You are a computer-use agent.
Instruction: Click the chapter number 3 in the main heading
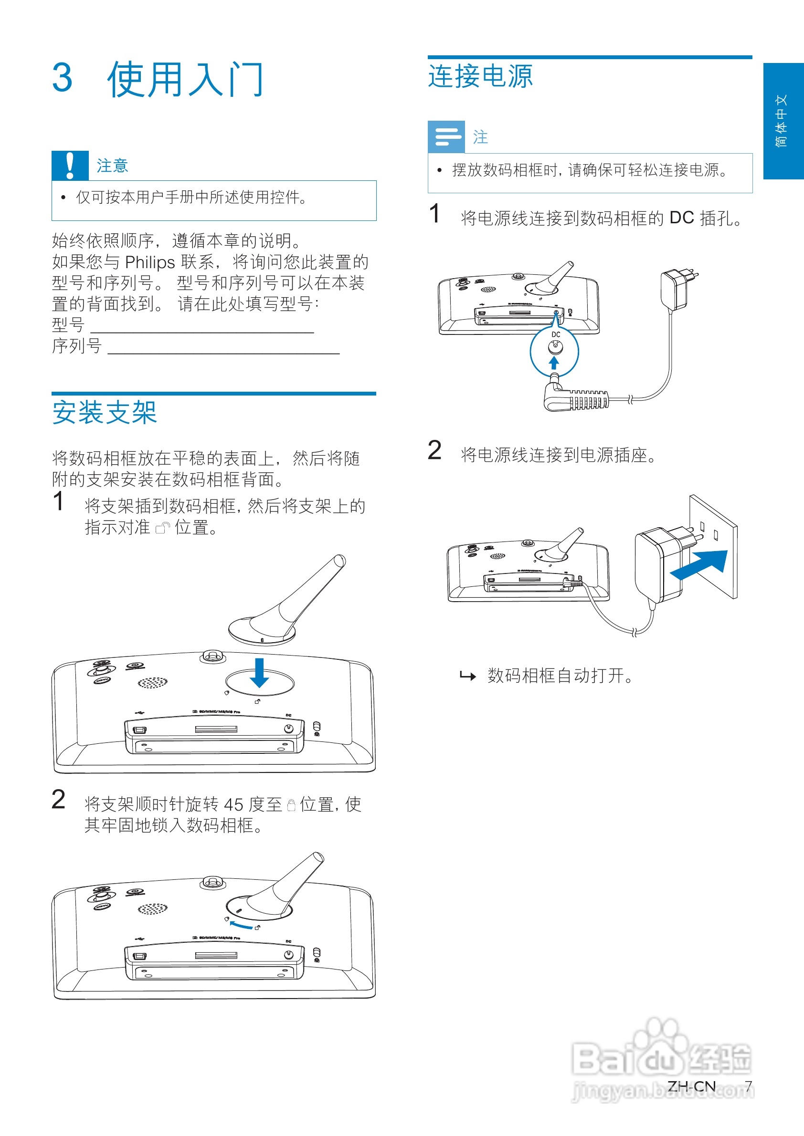coord(63,78)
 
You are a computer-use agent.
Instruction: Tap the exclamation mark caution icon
coord(70,165)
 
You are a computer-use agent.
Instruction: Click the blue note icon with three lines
coord(446,136)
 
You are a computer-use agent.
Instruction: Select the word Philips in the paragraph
coord(150,262)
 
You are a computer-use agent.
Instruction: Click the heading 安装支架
coord(105,412)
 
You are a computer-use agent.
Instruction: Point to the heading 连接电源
coord(480,76)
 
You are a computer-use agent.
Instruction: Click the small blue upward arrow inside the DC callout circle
coord(554,363)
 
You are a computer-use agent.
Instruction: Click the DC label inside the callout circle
coord(555,335)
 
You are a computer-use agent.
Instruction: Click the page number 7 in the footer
coord(748,1085)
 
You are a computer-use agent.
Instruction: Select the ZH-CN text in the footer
coord(691,1085)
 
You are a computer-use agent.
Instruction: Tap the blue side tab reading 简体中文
coord(783,121)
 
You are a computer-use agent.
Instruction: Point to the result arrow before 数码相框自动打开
coord(467,676)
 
